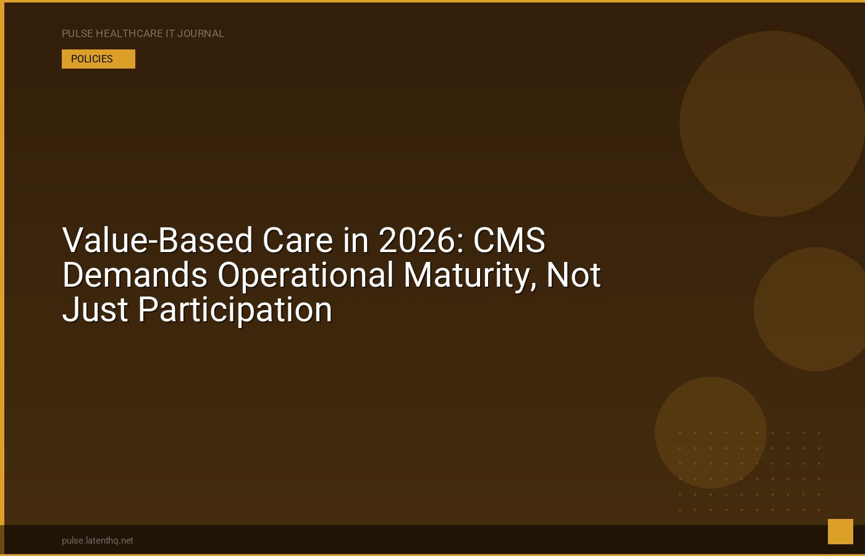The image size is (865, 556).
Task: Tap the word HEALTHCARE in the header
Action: point(129,33)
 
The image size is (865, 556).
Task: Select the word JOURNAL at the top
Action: point(200,33)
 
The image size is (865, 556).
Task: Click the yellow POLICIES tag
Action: point(98,59)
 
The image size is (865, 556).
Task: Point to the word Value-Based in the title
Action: point(157,240)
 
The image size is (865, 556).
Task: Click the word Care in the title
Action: point(297,240)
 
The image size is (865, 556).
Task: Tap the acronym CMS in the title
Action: point(509,240)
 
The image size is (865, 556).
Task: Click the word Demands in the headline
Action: point(135,274)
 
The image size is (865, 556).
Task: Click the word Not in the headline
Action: point(573,274)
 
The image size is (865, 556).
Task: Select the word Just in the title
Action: point(95,309)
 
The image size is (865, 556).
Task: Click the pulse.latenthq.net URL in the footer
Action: point(98,541)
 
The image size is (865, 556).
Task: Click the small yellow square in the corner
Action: point(840,531)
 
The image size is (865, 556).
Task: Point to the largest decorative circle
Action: point(772,124)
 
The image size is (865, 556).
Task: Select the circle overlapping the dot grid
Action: point(711,432)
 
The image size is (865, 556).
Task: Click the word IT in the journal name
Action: point(170,33)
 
